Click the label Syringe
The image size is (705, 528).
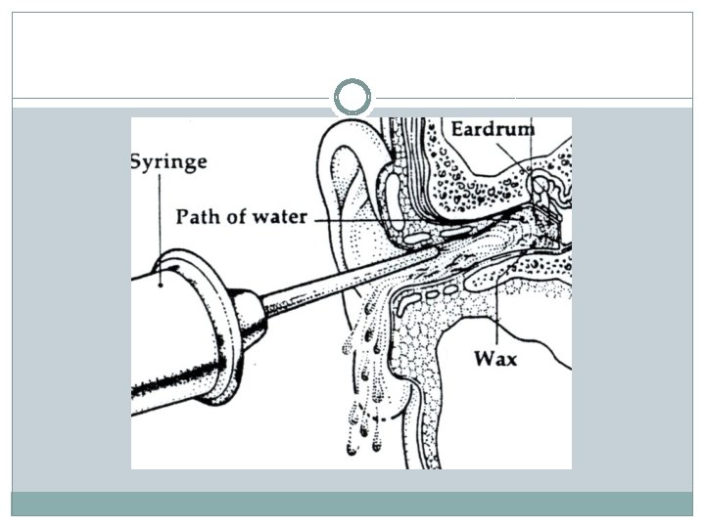pyautogui.click(x=168, y=162)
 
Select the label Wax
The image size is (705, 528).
pyautogui.click(x=495, y=358)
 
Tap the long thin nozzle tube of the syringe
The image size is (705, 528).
pyautogui.click(x=343, y=280)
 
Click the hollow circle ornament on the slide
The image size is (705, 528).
pyautogui.click(x=352, y=97)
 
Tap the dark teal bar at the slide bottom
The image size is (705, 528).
pyautogui.click(x=352, y=503)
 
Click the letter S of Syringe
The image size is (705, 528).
pyautogui.click(x=138, y=160)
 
